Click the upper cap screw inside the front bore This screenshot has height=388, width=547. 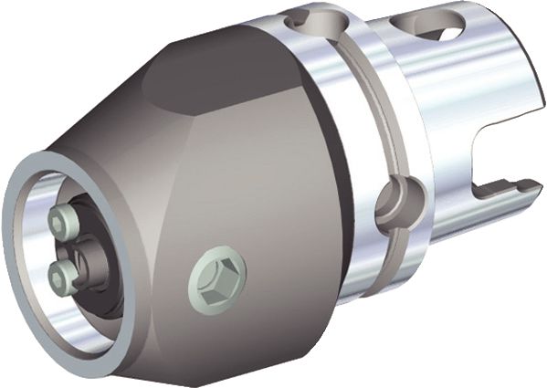63,219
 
